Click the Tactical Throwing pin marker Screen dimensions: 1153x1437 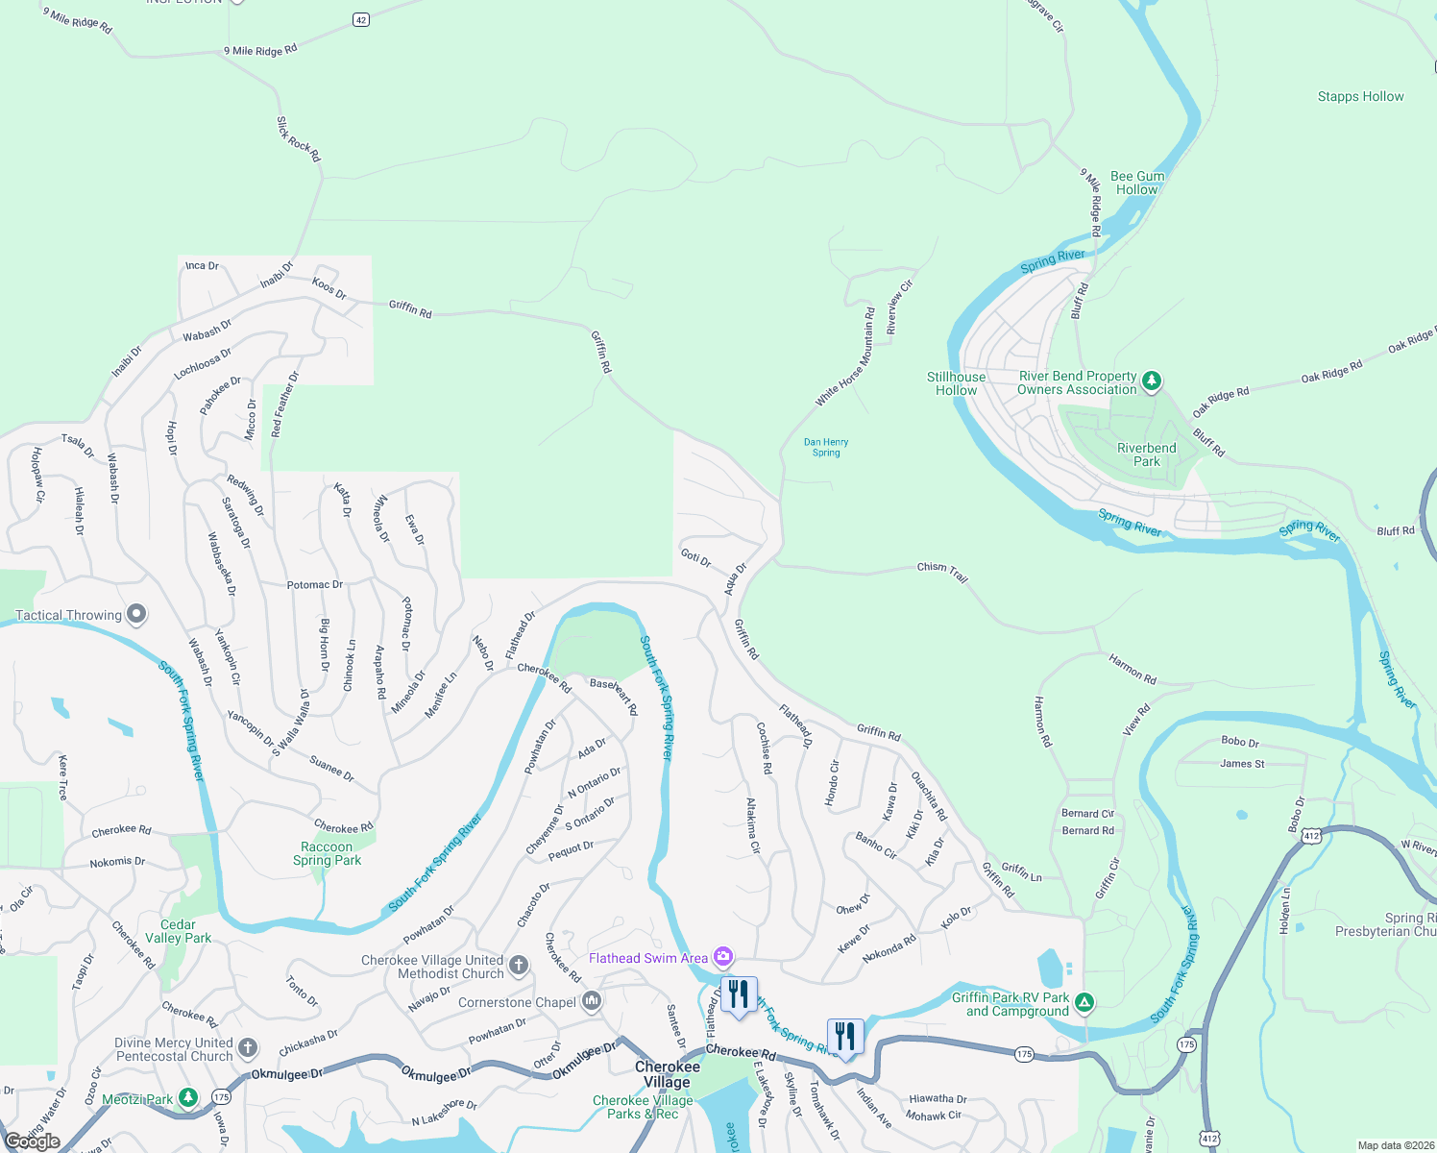pos(136,613)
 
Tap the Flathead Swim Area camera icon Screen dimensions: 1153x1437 pos(723,957)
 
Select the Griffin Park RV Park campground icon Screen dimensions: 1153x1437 pos(1084,1003)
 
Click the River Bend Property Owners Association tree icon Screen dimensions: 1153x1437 pos(1152,381)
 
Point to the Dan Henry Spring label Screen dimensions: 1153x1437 pos(826,448)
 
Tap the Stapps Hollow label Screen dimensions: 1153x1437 pos(1360,96)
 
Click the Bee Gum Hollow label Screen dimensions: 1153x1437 pos(1137,183)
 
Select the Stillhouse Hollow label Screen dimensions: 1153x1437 pos(956,383)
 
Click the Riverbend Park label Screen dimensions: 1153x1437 pos(1146,454)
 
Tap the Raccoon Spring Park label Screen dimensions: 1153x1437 pos(327,853)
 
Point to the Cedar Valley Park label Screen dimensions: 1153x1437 pos(178,931)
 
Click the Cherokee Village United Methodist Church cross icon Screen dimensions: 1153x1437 pos(519,965)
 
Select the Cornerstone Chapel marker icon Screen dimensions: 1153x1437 pos(592,1001)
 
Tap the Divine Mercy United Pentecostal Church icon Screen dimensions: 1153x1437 pos(248,1047)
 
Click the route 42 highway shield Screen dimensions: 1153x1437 pos(361,19)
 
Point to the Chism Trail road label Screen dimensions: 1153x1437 pos(941,572)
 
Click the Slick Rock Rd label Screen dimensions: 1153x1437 pos(298,139)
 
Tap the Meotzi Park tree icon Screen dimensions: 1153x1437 pos(189,1097)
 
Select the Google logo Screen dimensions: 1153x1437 pos(33,1141)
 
